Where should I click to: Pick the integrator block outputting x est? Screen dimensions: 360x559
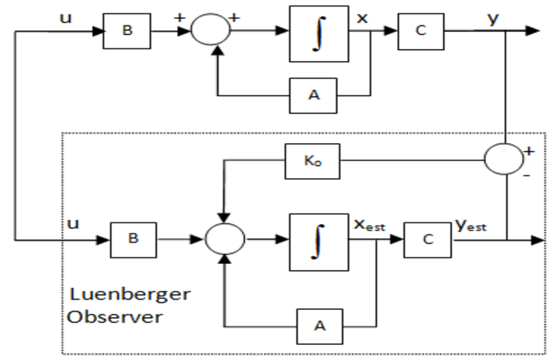tap(316, 237)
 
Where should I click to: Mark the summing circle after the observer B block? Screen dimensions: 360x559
tap(226, 236)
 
